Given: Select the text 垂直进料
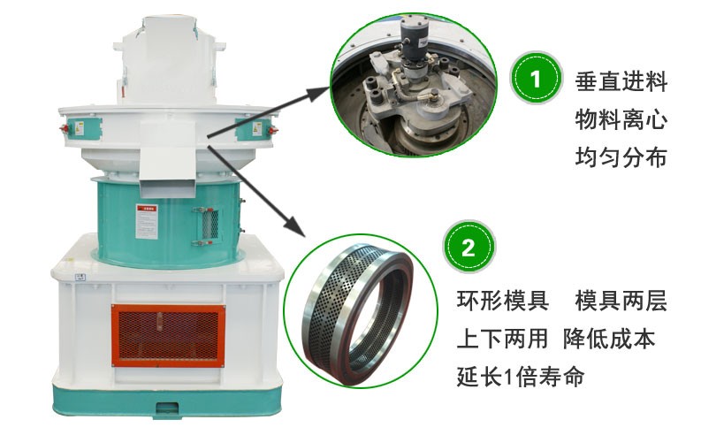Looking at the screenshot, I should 621,82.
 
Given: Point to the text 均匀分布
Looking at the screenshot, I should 621,158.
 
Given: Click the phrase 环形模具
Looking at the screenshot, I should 502,301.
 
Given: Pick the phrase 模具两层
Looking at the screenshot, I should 621,301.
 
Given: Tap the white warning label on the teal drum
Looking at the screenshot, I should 147,221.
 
